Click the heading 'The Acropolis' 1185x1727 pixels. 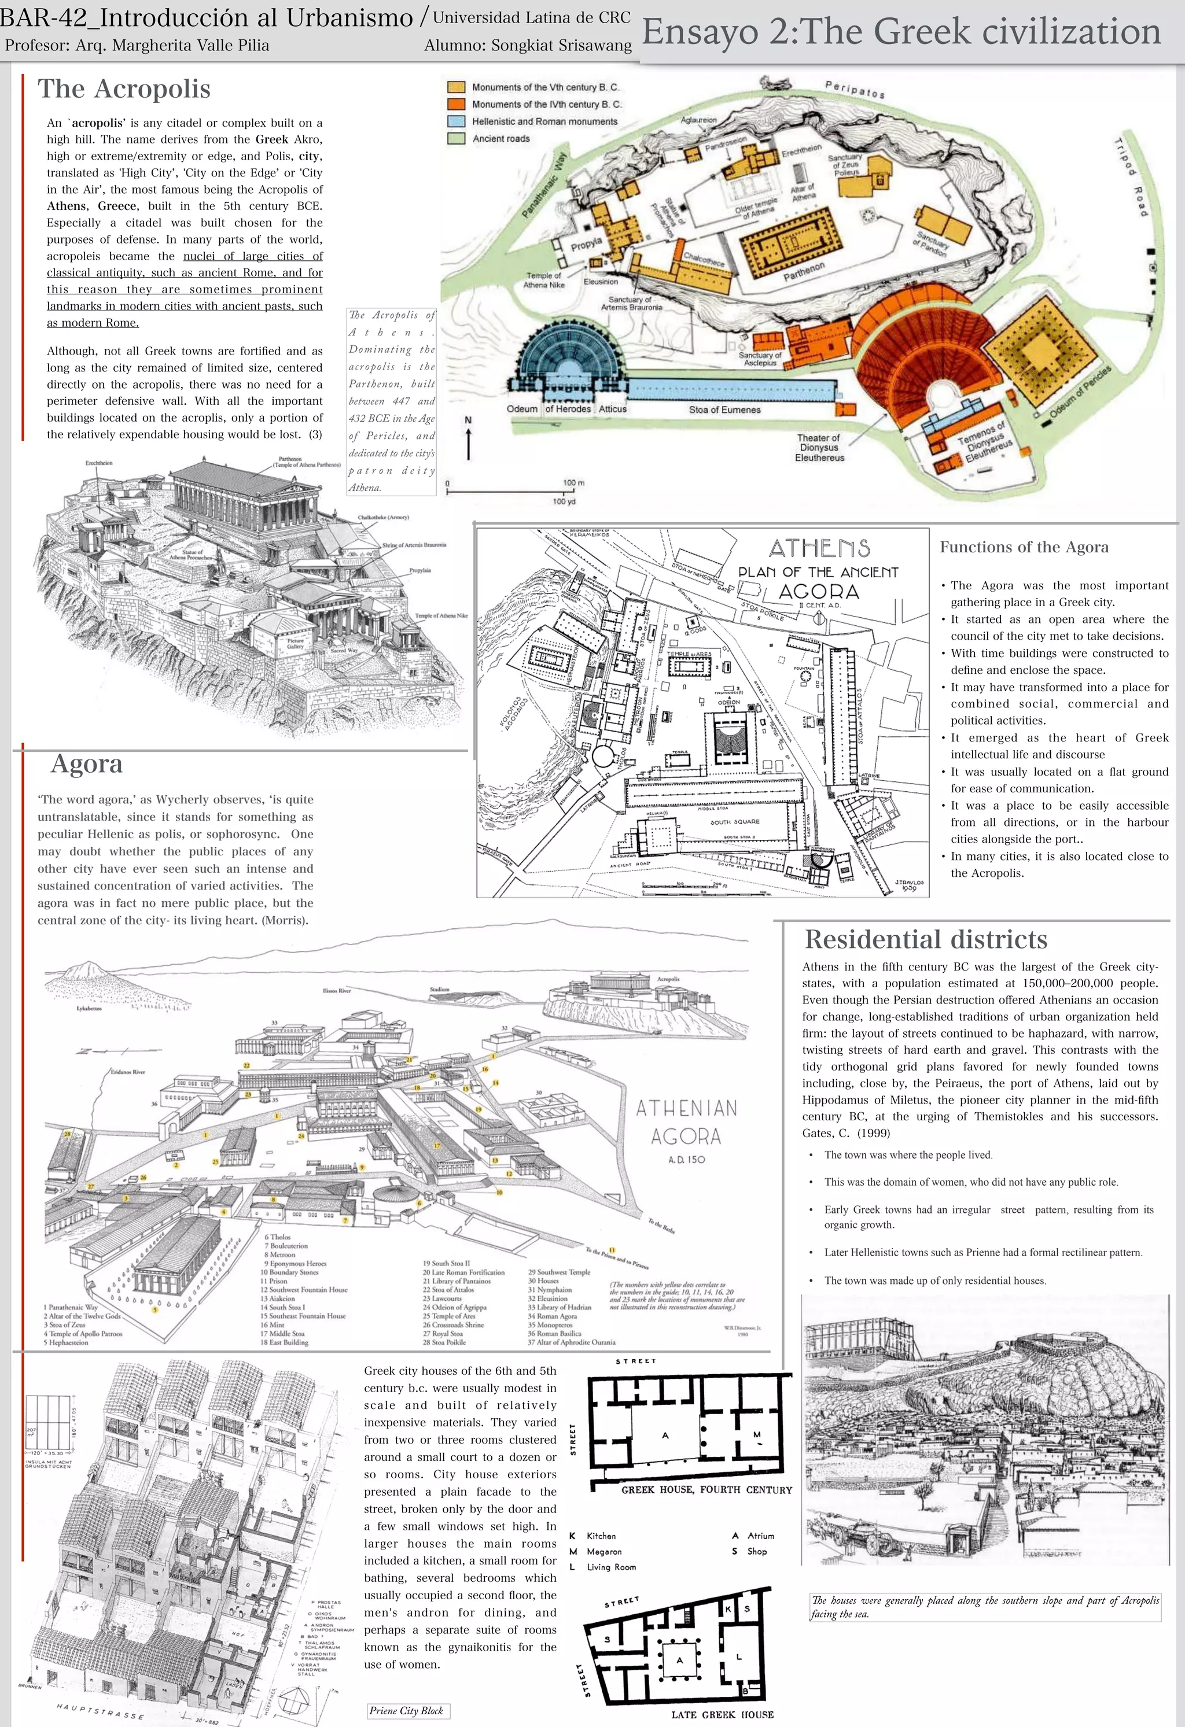124,88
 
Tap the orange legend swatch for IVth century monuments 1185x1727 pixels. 456,104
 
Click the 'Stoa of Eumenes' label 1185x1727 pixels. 724,409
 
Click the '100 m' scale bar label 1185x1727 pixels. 573,483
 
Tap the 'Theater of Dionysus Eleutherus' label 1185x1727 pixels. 819,447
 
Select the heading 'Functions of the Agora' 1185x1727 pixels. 1024,547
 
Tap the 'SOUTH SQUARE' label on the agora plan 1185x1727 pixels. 734,822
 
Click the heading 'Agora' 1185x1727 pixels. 86,763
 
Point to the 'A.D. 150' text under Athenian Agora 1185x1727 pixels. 686,1159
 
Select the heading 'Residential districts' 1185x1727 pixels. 926,939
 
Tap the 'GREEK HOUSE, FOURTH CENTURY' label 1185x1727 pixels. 706,1490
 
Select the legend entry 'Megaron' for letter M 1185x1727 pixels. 603,1552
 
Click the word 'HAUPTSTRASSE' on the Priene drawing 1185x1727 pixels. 100,1711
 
